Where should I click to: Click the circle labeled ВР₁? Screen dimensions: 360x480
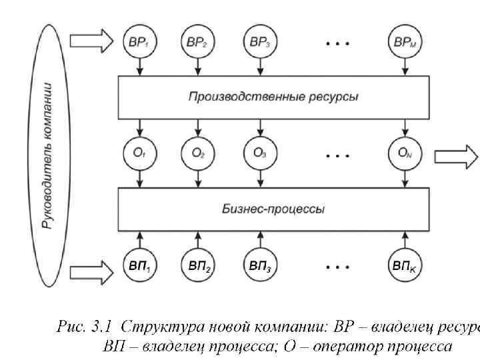pyautogui.click(x=139, y=42)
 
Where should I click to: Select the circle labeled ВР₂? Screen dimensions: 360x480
pyautogui.click(x=197, y=42)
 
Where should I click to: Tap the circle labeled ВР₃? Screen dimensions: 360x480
pyautogui.click(x=259, y=42)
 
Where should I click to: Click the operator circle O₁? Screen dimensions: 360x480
pyautogui.click(x=139, y=154)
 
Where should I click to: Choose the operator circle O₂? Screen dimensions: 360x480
pyautogui.click(x=197, y=154)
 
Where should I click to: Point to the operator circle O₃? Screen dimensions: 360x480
pyautogui.click(x=259, y=154)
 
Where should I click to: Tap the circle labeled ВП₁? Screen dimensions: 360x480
pyautogui.click(x=139, y=267)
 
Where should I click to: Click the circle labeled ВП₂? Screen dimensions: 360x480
pyautogui.click(x=197, y=267)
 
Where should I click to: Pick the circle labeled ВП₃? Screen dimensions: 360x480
pyautogui.click(x=259, y=267)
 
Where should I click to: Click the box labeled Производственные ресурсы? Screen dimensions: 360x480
pyautogui.click(x=272, y=97)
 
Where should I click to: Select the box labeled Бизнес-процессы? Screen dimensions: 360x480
pyautogui.click(x=272, y=209)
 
